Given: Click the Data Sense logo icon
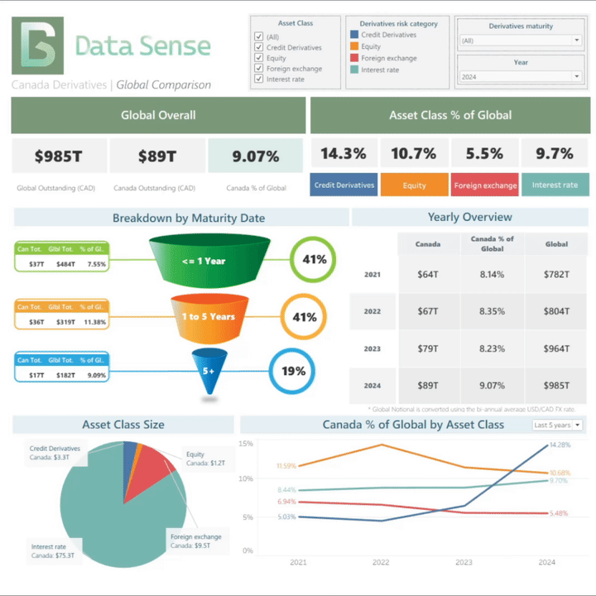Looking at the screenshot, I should (x=37, y=46).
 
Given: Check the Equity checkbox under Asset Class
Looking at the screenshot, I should (x=259, y=58).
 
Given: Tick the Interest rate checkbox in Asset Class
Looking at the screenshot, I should (x=259, y=79).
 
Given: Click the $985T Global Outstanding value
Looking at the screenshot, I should (x=59, y=156).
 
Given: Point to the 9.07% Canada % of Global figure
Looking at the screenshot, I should (x=255, y=156).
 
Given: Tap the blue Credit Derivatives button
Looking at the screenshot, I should (x=344, y=185).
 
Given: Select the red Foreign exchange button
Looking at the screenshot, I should (x=485, y=185).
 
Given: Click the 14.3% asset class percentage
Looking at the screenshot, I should (x=344, y=154).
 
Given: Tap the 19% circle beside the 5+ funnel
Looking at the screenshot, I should (x=293, y=370).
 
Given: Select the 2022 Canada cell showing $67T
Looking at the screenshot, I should (x=428, y=311).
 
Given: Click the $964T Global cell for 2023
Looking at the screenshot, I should (x=556, y=348).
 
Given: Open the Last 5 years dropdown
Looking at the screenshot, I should (x=557, y=425).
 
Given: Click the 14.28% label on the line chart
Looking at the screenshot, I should (x=560, y=445).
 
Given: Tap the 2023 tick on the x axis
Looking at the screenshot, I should (x=464, y=562).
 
